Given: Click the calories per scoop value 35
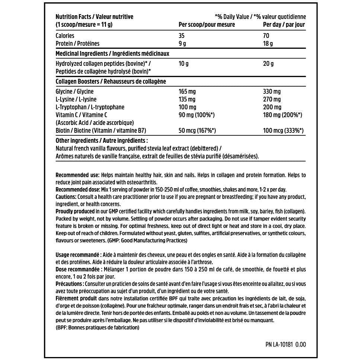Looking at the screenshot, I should tap(181, 36).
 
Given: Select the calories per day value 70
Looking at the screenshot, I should tap(266, 36).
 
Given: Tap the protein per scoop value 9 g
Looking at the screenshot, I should tap(183, 44).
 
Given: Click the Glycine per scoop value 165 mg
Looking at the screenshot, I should tap(187, 91).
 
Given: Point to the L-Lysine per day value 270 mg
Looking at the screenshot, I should tap(272, 99).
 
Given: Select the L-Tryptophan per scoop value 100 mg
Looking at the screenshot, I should tap(187, 107).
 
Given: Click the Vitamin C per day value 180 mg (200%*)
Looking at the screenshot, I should tap(282, 115).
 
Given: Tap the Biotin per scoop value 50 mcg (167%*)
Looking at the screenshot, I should tap(197, 131).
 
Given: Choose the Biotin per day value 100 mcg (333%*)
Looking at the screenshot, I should tap(283, 131).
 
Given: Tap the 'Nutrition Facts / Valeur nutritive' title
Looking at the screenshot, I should tap(94, 17).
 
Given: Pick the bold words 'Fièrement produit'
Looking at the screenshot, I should tap(76, 298).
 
